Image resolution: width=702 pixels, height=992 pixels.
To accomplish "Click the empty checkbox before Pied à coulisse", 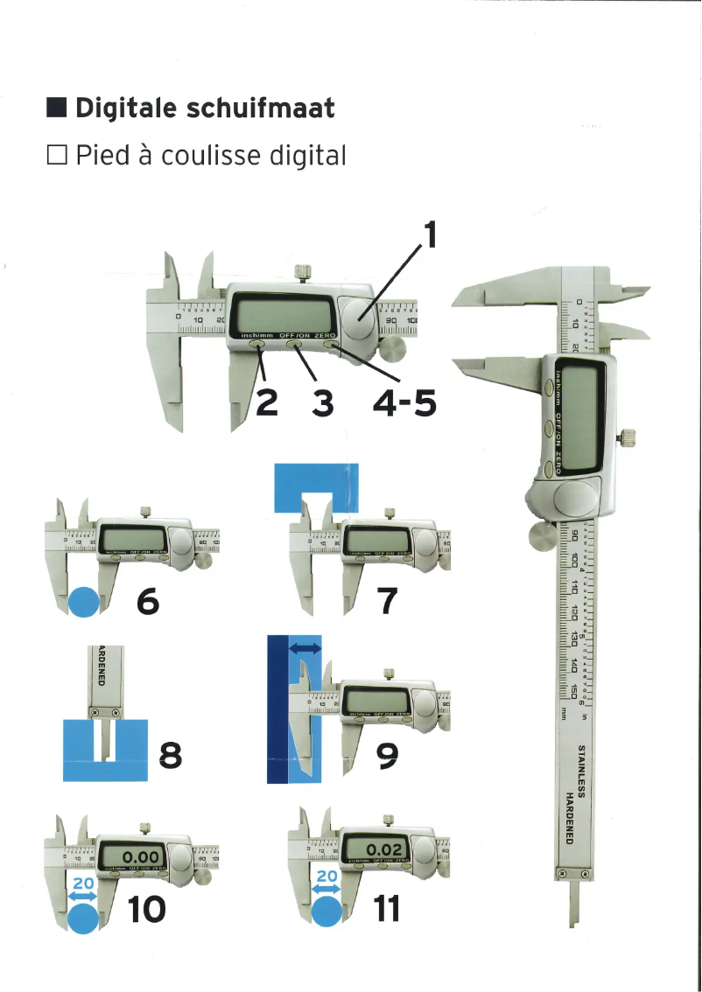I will [x=58, y=157].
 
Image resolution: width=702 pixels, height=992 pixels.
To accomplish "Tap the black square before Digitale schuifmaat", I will [x=58, y=109].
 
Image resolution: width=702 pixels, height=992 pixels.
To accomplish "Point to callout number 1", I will [x=429, y=234].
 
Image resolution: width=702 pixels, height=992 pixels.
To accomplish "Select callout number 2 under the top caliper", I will [x=266, y=403].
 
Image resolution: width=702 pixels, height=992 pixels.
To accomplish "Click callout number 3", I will [x=323, y=403].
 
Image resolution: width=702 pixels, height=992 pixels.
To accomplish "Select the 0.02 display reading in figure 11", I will [x=384, y=849].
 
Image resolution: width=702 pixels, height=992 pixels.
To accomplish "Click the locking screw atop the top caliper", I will [x=304, y=272].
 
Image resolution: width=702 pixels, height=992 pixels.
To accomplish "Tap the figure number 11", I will [x=384, y=910].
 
